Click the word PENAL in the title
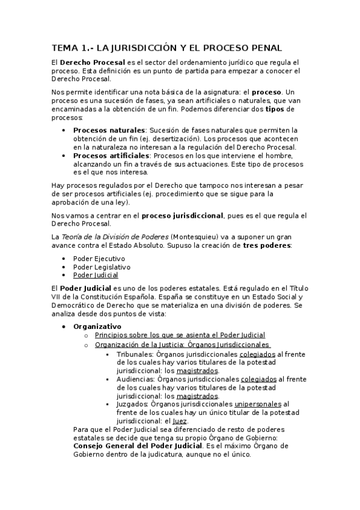[x=265, y=48]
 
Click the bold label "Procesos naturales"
[x=109, y=130]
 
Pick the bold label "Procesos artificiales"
[x=111, y=155]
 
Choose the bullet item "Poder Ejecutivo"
[x=99, y=258]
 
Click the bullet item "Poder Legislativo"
[x=102, y=266]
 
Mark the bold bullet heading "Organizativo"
[x=97, y=326]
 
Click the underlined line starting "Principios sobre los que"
[x=180, y=335]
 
